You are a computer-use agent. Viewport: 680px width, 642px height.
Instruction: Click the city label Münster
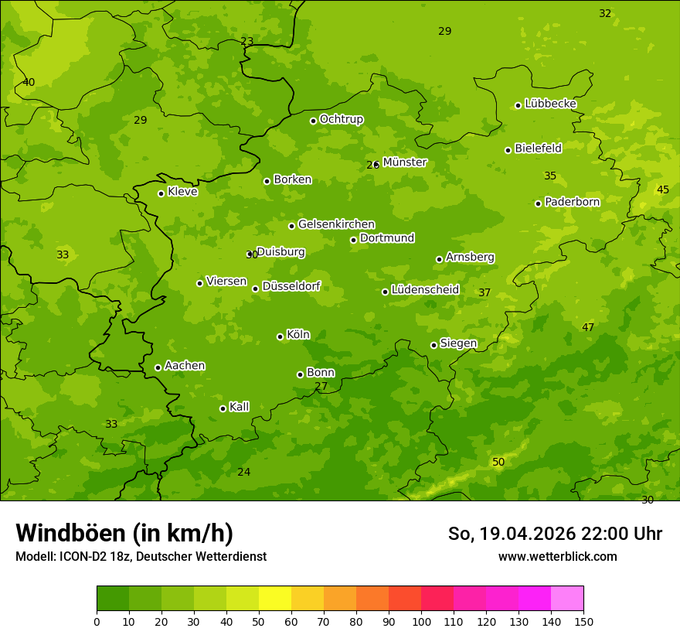[x=404, y=162]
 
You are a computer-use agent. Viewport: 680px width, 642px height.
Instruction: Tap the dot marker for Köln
[x=280, y=336]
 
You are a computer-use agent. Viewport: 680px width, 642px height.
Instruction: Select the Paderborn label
[x=572, y=202]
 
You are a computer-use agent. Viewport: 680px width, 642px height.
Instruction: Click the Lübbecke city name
[x=550, y=104]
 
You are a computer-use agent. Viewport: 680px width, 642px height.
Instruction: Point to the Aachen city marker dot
[x=158, y=367]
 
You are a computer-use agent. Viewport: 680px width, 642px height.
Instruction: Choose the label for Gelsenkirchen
[x=336, y=224]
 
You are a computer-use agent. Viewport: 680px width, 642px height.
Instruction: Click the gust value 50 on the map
[x=498, y=463]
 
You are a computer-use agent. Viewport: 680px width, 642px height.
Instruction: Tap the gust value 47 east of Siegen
[x=588, y=328]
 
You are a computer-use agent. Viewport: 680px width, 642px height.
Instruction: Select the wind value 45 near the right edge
[x=663, y=190]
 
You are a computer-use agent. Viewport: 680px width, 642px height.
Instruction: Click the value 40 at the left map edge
[x=29, y=83]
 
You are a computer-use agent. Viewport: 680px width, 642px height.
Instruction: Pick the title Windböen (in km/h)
[x=124, y=533]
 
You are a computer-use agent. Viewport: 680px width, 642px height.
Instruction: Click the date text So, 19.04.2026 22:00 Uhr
[x=555, y=534]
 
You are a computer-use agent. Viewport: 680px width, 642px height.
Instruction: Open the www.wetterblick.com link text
[x=557, y=556]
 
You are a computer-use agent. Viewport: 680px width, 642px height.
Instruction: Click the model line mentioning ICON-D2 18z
[x=141, y=556]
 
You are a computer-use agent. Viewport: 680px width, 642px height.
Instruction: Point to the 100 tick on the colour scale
[x=421, y=621]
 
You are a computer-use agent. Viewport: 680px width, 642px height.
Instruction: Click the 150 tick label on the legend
[x=583, y=621]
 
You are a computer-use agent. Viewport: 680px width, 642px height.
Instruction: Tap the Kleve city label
[x=182, y=192]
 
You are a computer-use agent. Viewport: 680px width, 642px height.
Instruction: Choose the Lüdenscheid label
[x=425, y=290]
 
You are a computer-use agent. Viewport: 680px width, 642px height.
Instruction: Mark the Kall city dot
[x=223, y=408]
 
